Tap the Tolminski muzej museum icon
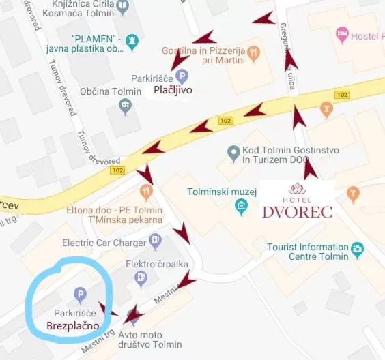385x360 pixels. coord(240,207)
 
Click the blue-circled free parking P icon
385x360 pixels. coord(80,295)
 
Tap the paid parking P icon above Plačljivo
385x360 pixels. coord(181,76)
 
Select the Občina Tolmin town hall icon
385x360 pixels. coord(126,106)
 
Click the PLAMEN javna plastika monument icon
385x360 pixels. coord(132,42)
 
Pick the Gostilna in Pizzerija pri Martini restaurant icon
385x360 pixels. coord(253,51)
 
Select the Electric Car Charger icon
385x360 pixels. coord(156,241)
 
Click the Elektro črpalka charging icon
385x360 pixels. coord(142,277)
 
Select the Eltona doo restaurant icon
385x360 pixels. coord(145,193)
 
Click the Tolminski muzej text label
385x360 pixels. coord(221,192)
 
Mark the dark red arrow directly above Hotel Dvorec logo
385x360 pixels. coord(311,168)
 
